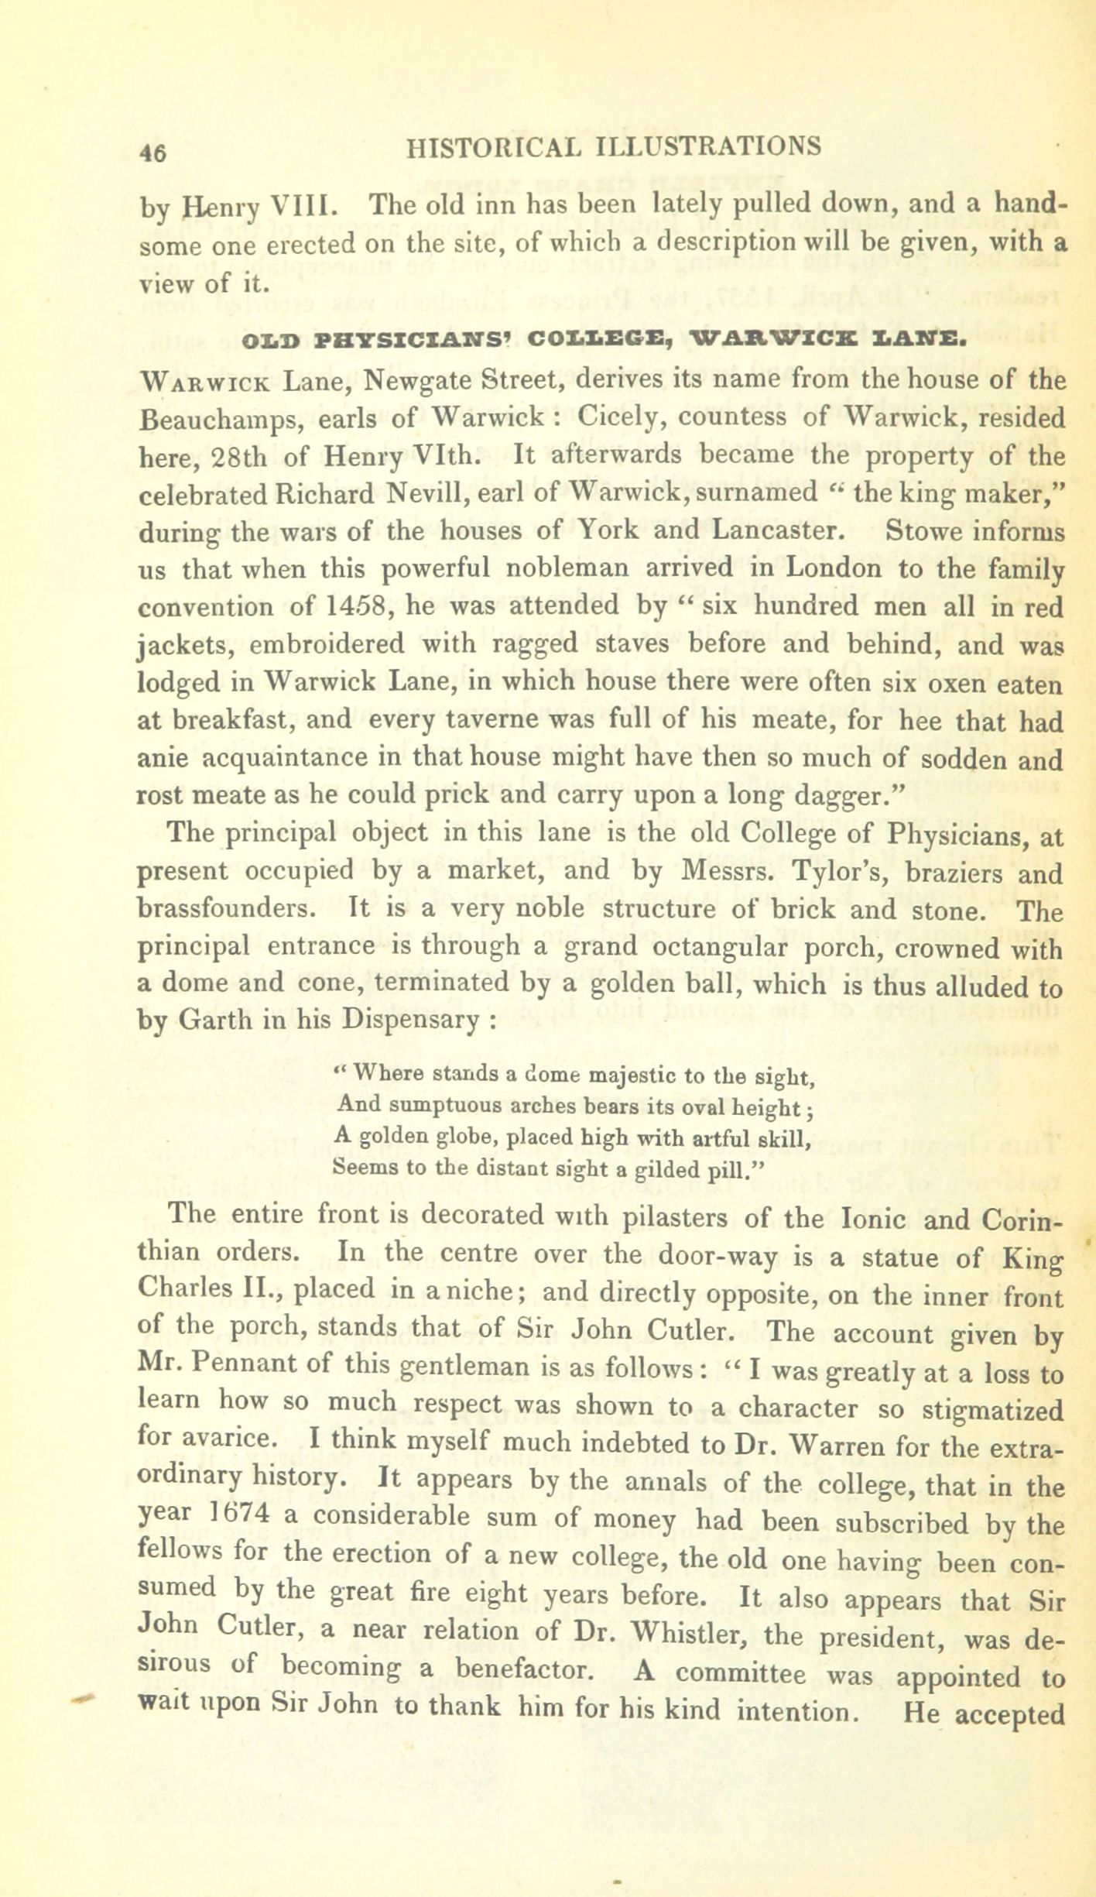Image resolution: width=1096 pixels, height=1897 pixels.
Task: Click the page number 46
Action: click(152, 152)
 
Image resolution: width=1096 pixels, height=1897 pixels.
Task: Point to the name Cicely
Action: click(617, 418)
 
